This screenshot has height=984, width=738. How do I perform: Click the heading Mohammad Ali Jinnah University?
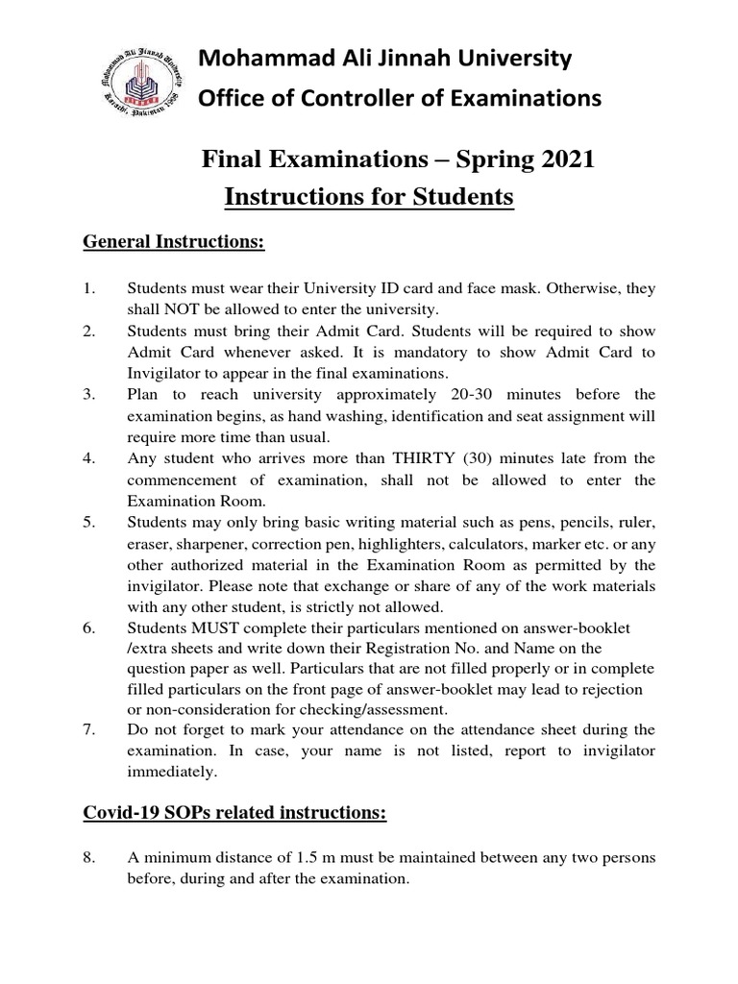(x=384, y=60)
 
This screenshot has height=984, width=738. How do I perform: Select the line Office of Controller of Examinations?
(x=399, y=98)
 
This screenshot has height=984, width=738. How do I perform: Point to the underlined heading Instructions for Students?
(x=369, y=197)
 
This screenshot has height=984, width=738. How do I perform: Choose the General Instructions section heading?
(x=173, y=242)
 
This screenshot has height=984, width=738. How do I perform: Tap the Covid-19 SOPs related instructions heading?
(x=234, y=814)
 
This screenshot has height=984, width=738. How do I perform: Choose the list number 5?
(x=89, y=522)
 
